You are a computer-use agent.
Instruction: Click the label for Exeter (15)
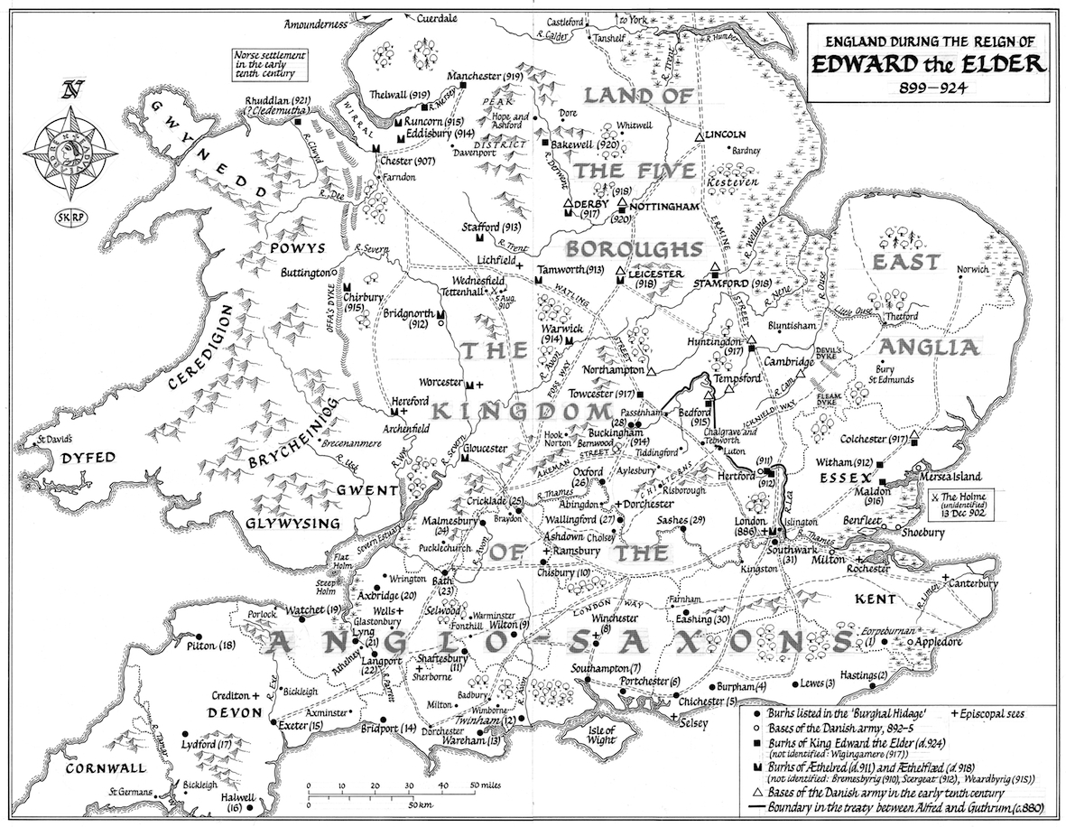(301, 725)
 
